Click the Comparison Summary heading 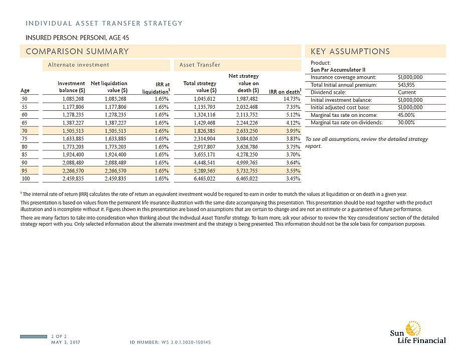coord(77,51)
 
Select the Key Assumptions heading coord(350,51)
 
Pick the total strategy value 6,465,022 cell coord(204,178)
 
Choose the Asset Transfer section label coord(200,65)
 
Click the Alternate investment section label coord(78,65)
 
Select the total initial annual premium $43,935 coord(406,85)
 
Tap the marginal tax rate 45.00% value coord(406,115)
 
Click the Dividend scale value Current coord(406,92)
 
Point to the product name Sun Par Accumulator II coord(338,70)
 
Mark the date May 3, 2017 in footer coord(66,342)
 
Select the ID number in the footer coord(170,342)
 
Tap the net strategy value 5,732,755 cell coord(246,170)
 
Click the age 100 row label coord(25,178)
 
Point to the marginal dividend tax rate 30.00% coord(406,122)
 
